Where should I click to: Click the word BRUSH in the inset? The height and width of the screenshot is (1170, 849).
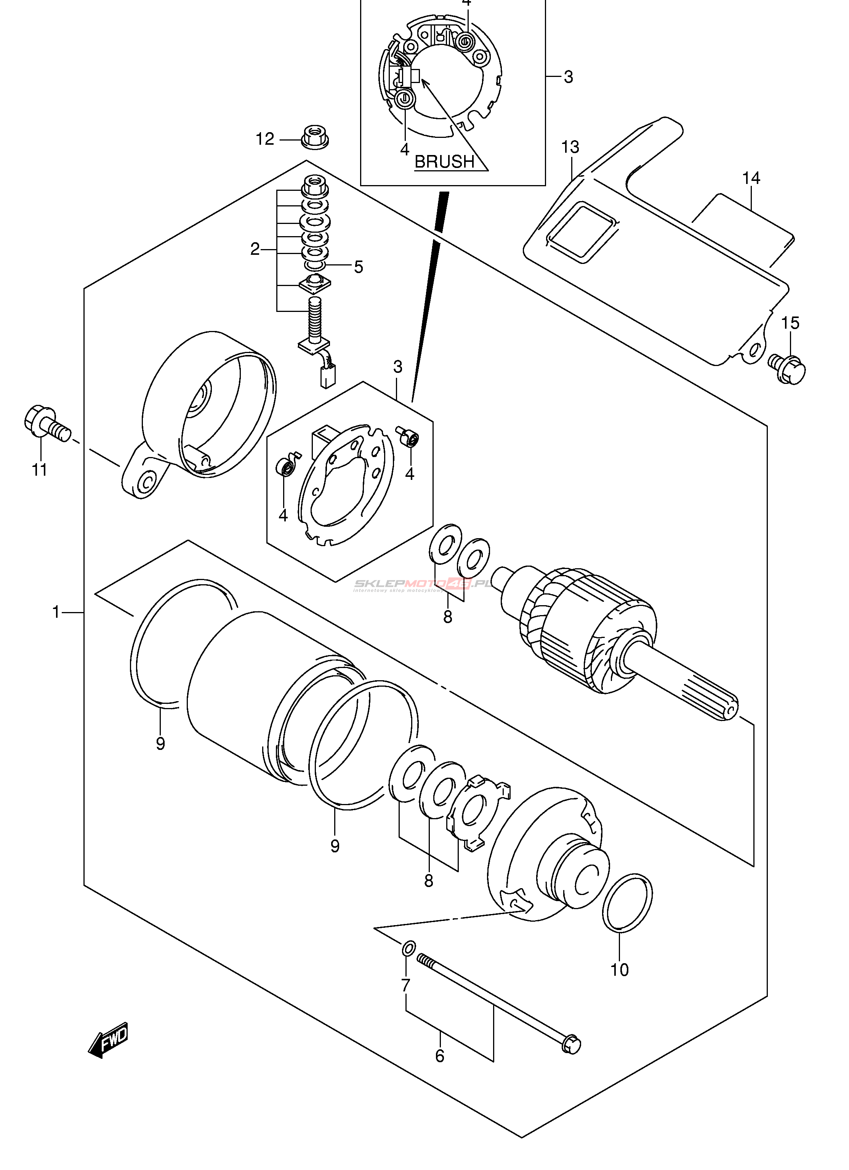point(444,161)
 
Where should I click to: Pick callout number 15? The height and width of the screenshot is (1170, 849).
point(790,323)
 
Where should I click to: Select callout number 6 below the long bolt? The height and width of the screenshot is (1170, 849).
point(440,1056)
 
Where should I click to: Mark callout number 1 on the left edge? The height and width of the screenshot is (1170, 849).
point(56,612)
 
